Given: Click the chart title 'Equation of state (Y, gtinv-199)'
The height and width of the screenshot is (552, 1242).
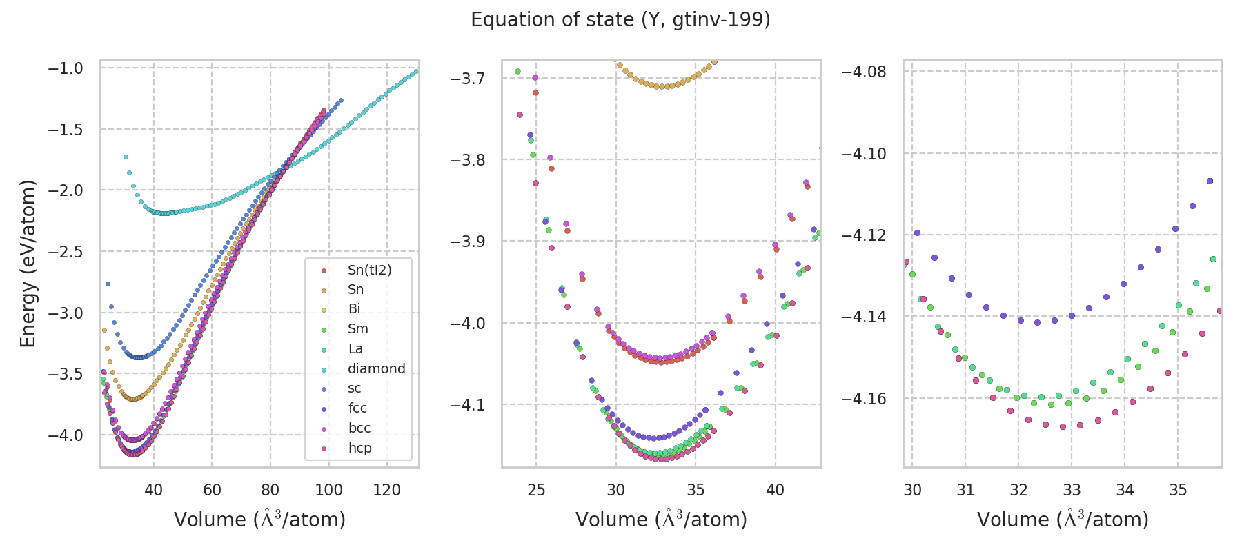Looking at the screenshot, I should pyautogui.click(x=620, y=20).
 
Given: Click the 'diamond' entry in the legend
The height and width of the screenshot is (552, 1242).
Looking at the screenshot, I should pyautogui.click(x=376, y=368).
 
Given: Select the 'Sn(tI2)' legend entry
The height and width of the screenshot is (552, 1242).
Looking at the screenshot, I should pyautogui.click(x=369, y=270).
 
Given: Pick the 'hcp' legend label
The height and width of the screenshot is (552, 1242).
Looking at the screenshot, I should pyautogui.click(x=359, y=448).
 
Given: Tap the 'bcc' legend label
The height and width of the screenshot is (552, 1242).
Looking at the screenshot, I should pyautogui.click(x=359, y=428).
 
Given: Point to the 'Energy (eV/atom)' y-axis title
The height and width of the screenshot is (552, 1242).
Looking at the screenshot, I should pyautogui.click(x=28, y=264).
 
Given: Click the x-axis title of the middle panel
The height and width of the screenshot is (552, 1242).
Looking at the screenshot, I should pyautogui.click(x=661, y=520).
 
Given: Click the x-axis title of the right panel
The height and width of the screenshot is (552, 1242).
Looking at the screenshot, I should pyautogui.click(x=1063, y=520).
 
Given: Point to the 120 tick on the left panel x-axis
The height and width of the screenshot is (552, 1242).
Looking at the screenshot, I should pyautogui.click(x=387, y=490).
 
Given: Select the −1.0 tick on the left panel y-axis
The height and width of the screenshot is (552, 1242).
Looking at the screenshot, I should pyautogui.click(x=65, y=68).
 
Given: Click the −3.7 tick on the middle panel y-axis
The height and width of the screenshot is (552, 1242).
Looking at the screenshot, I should pyautogui.click(x=467, y=78).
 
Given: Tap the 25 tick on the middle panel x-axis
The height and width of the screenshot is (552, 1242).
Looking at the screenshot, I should pyautogui.click(x=536, y=490).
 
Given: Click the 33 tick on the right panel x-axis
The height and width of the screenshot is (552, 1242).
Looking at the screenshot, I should pyautogui.click(x=1072, y=490).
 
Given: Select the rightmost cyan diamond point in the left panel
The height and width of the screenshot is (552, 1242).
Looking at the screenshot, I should pyautogui.click(x=416, y=71).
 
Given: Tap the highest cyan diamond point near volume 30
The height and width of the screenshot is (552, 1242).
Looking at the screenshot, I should pyautogui.click(x=126, y=157).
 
